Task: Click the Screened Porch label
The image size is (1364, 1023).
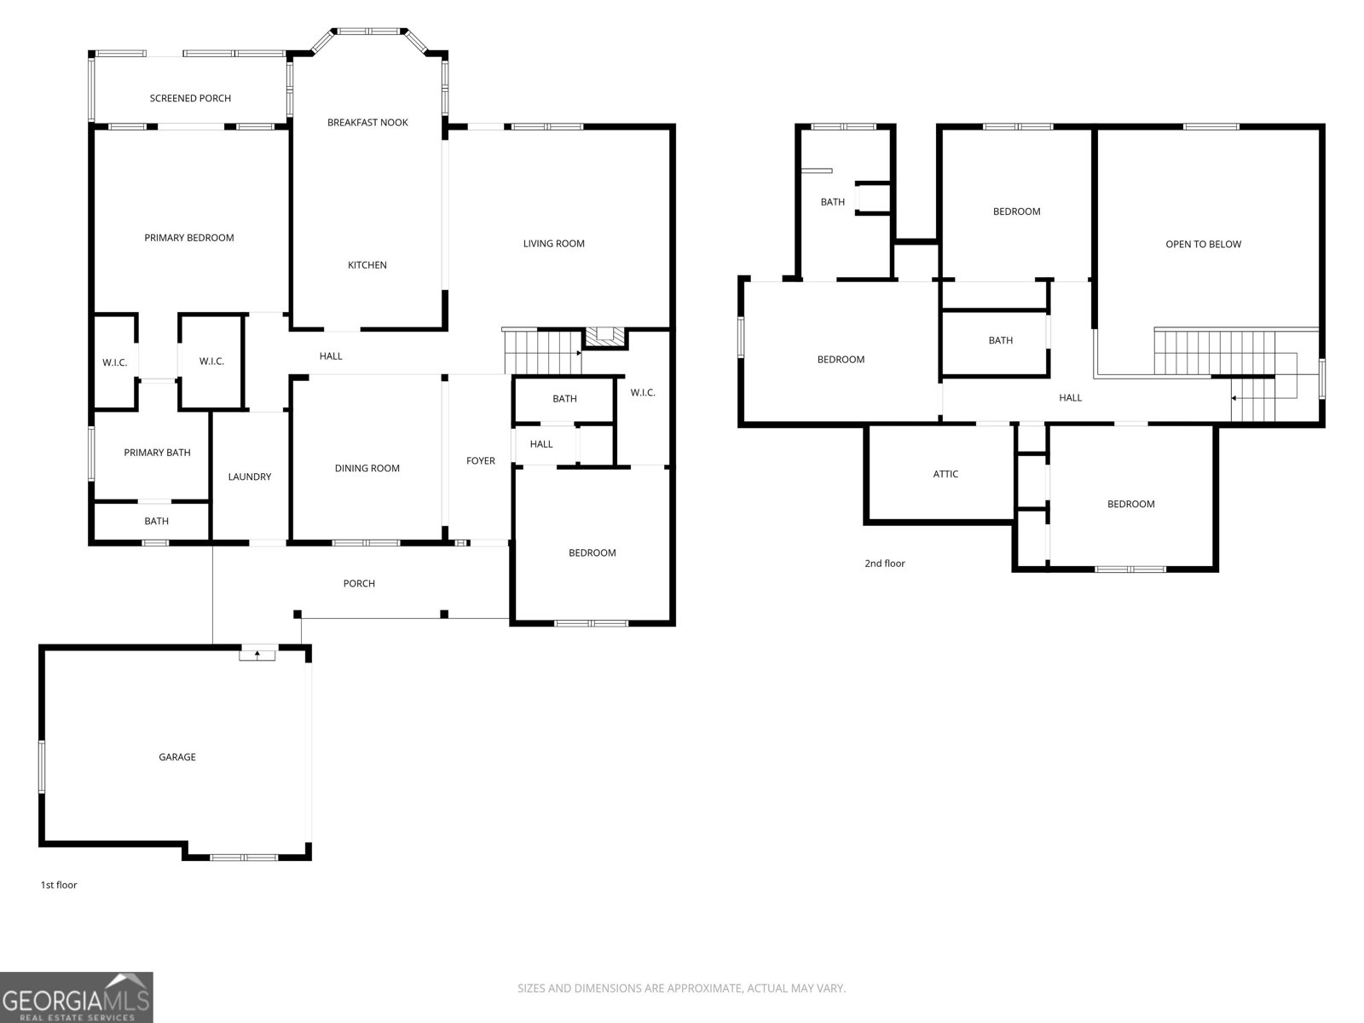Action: tap(190, 98)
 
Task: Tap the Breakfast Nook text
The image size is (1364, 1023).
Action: tap(367, 123)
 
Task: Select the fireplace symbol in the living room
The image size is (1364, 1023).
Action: tap(604, 336)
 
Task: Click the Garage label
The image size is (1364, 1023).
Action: tap(177, 757)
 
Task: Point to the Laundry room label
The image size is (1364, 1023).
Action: tap(250, 477)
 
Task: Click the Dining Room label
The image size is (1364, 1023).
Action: tap(367, 468)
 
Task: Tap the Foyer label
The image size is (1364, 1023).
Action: tap(480, 461)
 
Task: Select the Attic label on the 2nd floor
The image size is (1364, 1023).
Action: tap(945, 474)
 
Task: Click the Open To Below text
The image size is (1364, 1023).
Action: tap(1203, 245)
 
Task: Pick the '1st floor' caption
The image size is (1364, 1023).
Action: tap(59, 885)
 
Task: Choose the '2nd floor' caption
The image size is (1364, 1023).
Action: tap(885, 564)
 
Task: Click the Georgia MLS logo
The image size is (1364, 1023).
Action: tap(76, 997)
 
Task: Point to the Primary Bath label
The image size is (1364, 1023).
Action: tap(157, 453)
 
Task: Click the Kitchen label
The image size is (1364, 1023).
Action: tap(367, 265)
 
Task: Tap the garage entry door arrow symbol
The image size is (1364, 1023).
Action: tap(257, 654)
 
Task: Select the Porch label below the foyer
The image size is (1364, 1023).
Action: tap(359, 584)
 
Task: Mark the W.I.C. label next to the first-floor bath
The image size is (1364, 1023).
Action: tap(643, 393)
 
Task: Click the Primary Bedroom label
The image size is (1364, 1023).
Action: tap(188, 238)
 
